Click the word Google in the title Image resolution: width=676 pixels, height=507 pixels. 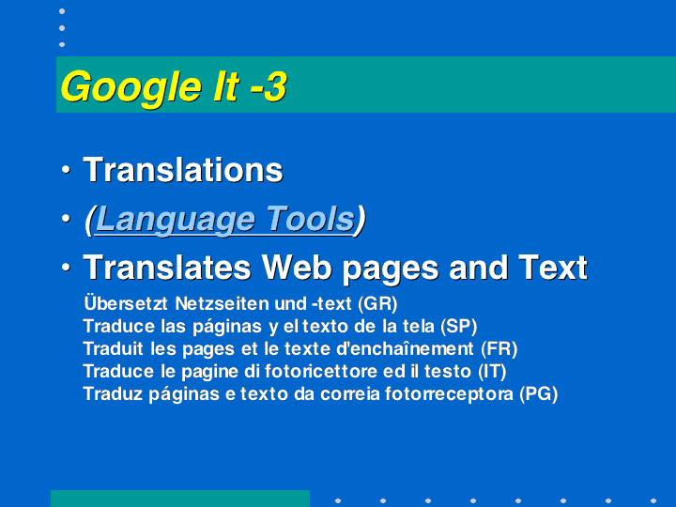point(131,87)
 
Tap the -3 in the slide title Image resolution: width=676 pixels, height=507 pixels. point(269,86)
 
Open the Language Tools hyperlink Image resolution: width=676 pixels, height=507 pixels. point(224,220)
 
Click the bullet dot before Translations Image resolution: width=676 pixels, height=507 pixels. point(66,169)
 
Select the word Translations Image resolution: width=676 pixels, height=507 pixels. point(183,170)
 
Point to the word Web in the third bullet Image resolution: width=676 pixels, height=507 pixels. point(297,268)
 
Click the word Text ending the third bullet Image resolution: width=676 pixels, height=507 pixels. point(553,268)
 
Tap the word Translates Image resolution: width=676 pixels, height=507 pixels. point(167,268)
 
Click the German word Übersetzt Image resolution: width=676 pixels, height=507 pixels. point(126,302)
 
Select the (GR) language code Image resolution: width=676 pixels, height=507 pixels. point(377,303)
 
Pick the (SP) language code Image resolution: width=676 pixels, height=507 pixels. point(459,327)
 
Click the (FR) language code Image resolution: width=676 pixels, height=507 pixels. point(499,348)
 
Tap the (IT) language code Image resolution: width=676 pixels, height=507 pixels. point(492,371)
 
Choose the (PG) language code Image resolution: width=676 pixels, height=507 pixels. point(539,393)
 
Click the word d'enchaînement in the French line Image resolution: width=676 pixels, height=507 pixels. point(405,348)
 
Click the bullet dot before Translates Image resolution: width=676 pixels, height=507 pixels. point(66,268)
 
